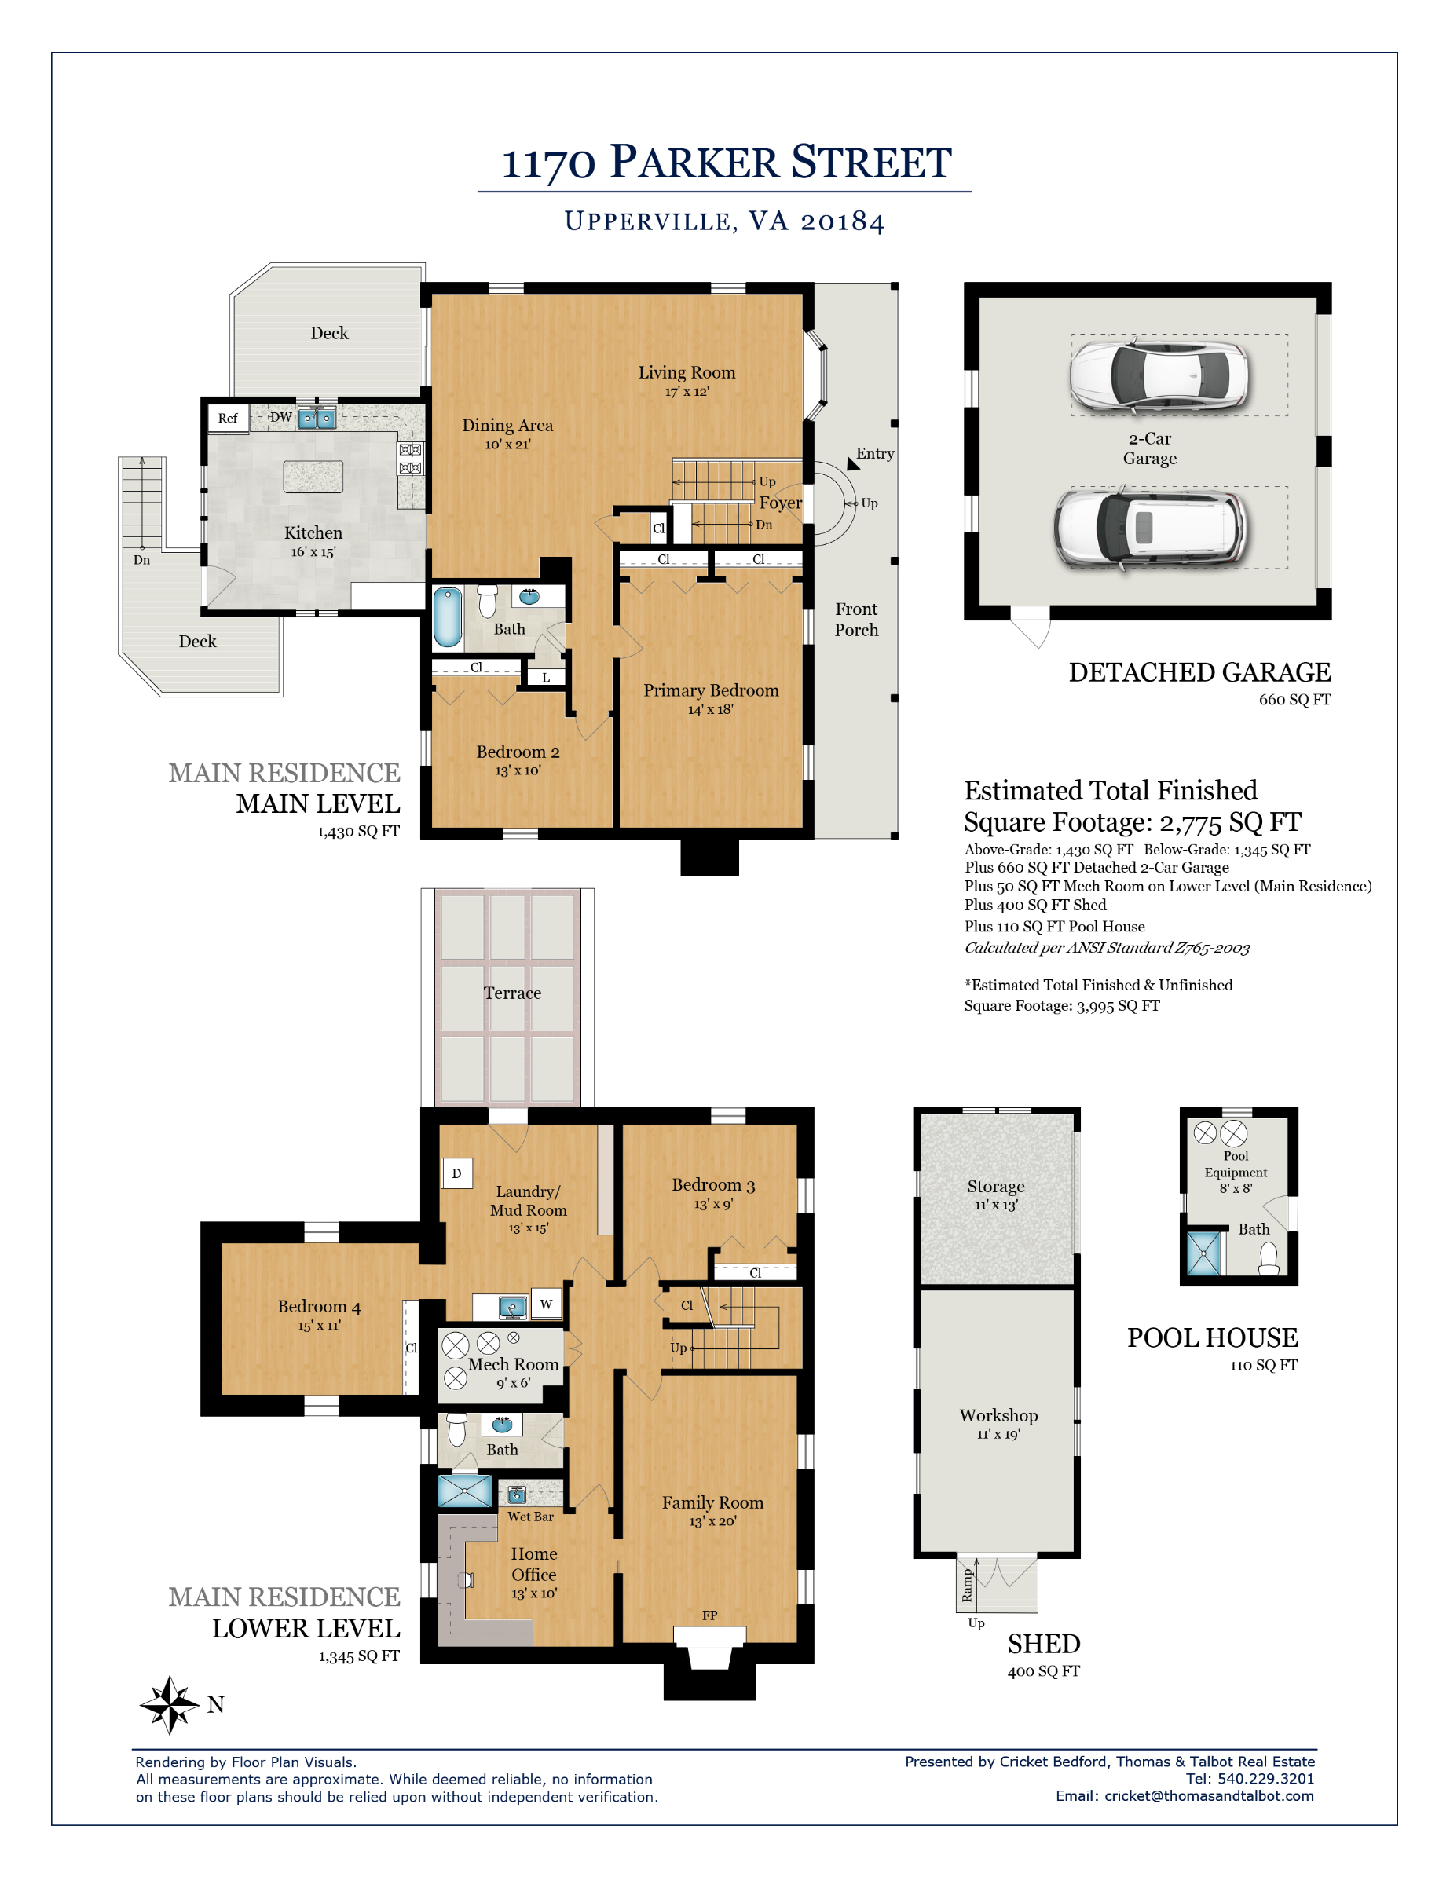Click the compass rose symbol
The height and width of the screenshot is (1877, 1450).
[170, 1704]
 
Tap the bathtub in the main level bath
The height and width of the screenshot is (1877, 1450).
[447, 617]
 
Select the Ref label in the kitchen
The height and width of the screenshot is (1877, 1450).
[228, 418]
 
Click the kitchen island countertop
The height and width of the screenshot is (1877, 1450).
[313, 476]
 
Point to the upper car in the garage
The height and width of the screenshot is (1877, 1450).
[1159, 375]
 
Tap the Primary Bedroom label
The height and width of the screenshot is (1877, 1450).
[711, 690]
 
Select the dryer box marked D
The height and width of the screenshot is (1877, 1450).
[456, 1173]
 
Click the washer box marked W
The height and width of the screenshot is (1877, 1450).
[546, 1304]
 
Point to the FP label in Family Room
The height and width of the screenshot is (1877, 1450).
[709, 1615]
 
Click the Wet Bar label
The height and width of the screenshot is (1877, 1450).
[530, 1516]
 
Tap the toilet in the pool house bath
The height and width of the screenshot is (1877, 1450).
[1268, 1258]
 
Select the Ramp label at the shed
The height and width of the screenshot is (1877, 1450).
[967, 1584]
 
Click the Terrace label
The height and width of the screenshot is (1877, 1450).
[512, 993]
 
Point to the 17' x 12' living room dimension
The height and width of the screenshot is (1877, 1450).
[687, 392]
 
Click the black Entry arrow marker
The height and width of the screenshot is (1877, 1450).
[852, 464]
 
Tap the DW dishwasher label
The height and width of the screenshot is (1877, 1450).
[281, 417]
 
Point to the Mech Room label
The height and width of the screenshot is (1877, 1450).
[513, 1364]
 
